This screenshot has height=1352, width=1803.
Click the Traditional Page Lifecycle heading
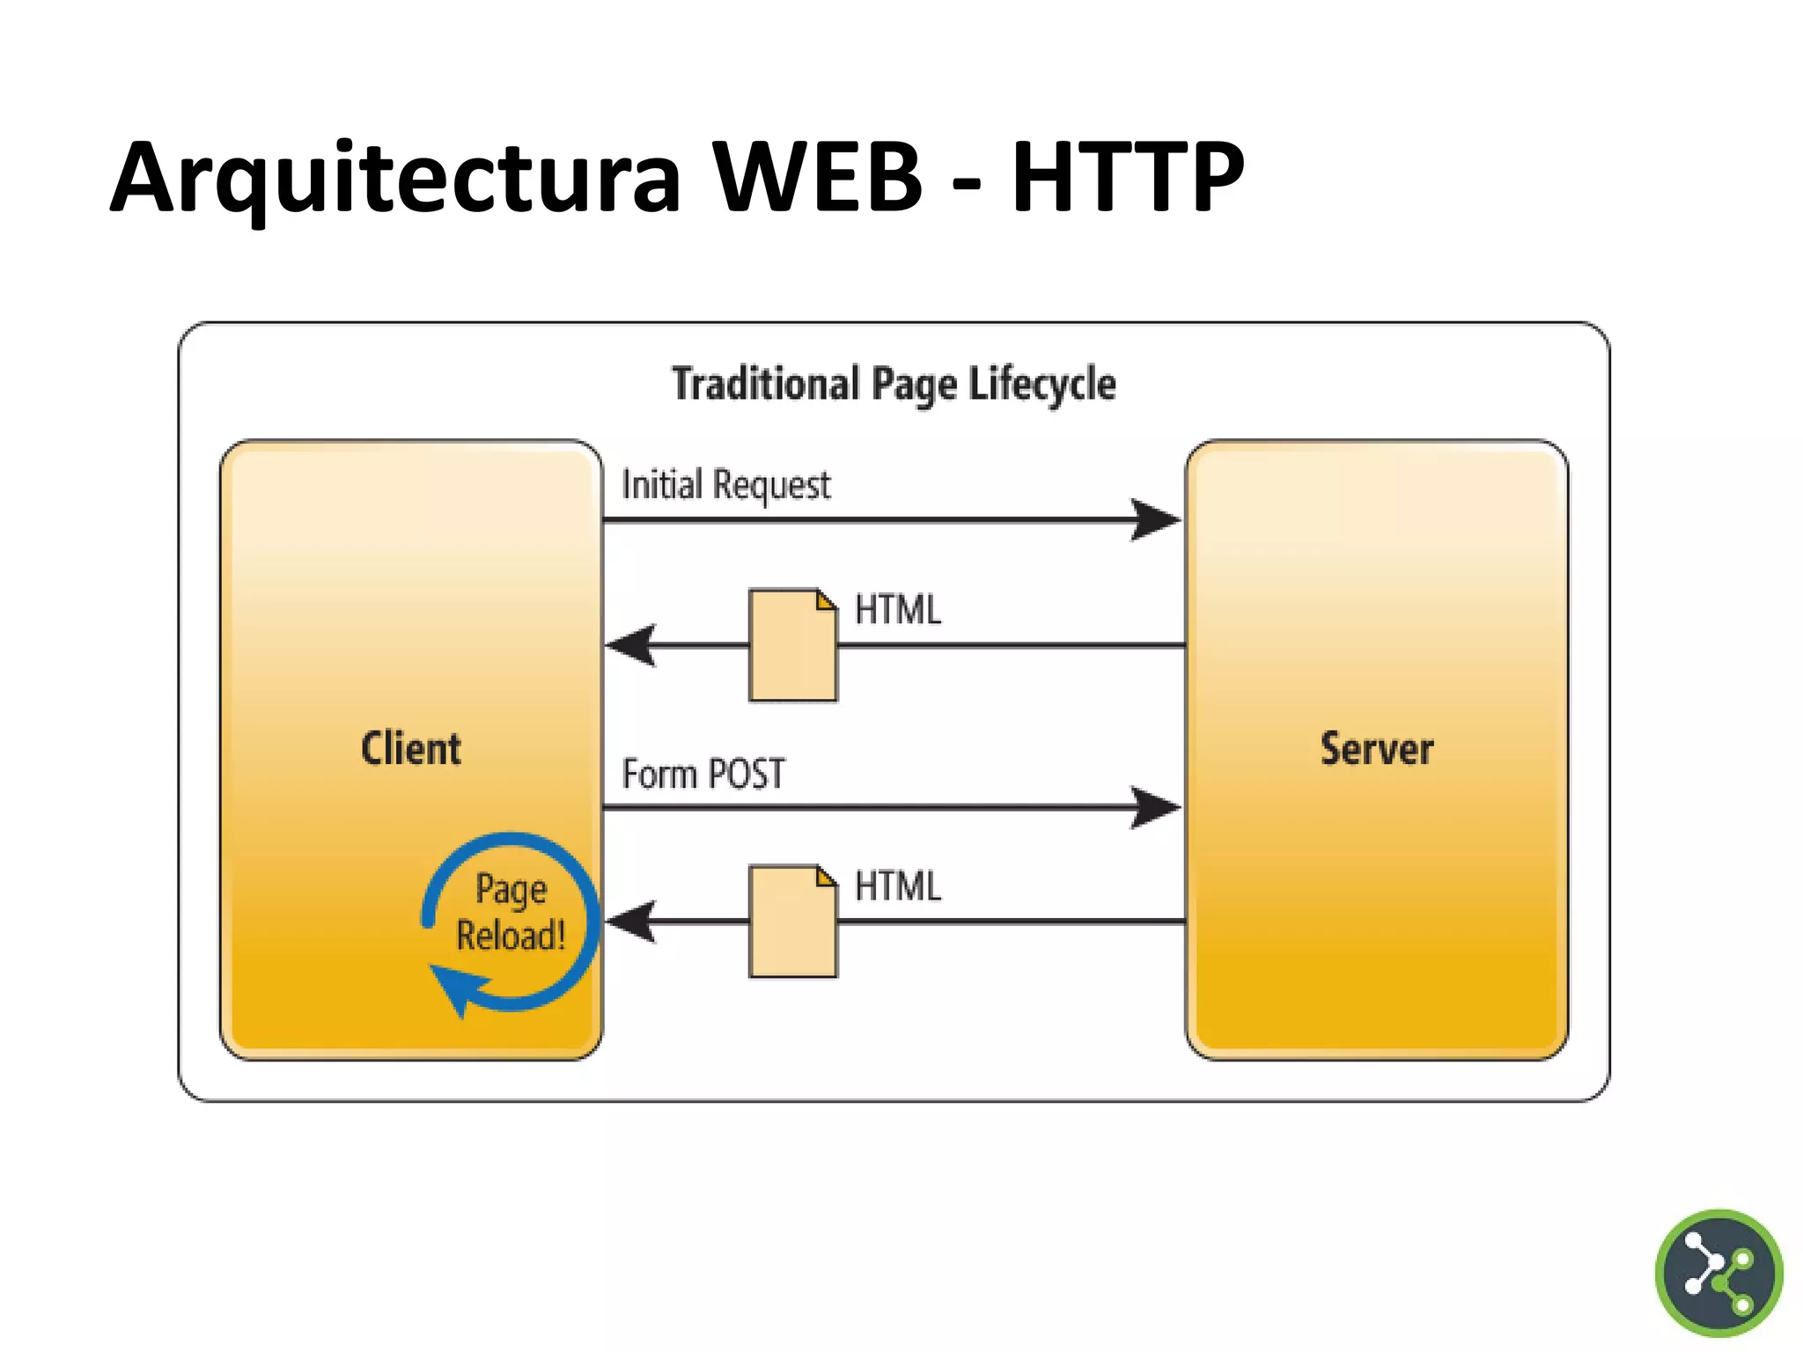point(894,385)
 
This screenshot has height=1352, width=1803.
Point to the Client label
point(411,749)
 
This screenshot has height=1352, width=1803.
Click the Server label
point(1376,749)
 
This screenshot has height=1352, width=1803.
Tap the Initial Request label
point(725,485)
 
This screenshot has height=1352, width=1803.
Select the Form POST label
point(703,774)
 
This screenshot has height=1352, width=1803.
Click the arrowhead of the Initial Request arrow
point(1155,519)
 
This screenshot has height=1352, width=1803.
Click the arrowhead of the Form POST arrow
point(1155,807)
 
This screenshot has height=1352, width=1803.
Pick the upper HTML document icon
point(792,645)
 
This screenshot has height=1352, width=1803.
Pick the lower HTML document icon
point(792,922)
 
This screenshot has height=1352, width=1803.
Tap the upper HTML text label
point(897,610)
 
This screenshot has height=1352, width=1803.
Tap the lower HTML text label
point(897,886)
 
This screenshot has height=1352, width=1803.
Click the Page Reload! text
point(511,912)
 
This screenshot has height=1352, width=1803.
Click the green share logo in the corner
point(1718,1273)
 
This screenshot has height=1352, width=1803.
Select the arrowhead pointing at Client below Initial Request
point(632,645)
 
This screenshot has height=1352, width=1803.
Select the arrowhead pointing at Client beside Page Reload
point(632,922)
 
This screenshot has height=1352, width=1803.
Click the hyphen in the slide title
point(966,186)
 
